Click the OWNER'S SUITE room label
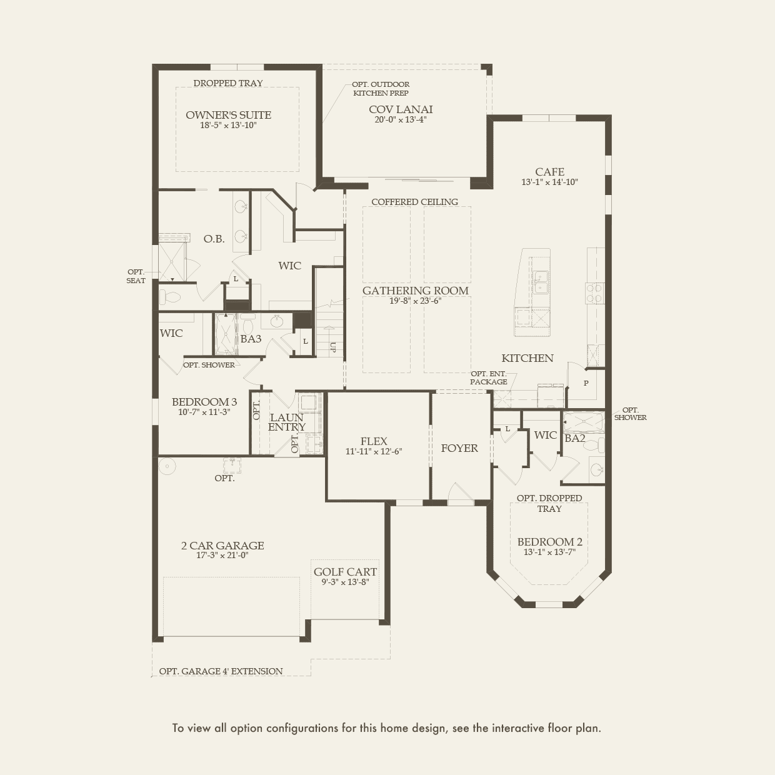tap(228, 115)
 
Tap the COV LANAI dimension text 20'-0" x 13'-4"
tap(401, 120)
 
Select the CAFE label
tap(549, 172)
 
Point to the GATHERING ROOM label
tap(415, 291)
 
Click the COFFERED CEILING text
tap(414, 202)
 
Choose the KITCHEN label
tap(527, 358)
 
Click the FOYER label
tap(459, 448)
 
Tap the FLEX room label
tap(374, 441)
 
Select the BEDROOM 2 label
tap(549, 542)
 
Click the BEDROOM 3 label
tap(204, 402)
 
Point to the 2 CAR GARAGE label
tap(222, 546)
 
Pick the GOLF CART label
tap(345, 572)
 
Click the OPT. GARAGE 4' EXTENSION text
tap(221, 671)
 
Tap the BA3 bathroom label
tap(251, 339)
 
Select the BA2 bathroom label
tap(574, 439)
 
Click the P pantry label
tap(586, 383)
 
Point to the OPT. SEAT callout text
tap(136, 276)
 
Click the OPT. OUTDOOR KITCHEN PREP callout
tap(381, 89)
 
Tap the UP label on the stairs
tap(332, 347)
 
